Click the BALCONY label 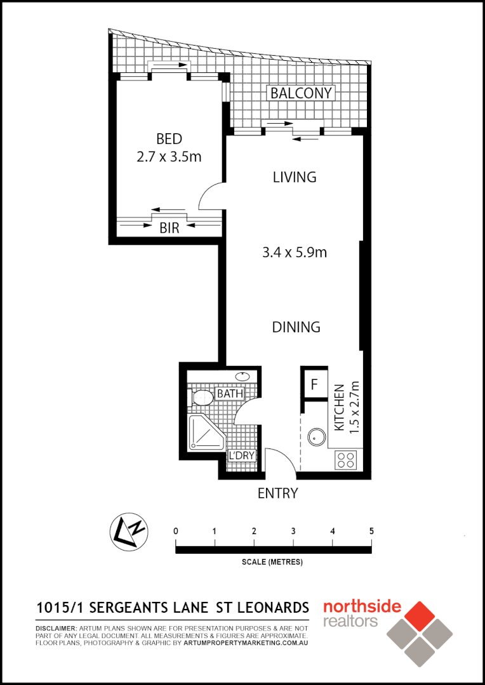coord(301,93)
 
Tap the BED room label coord(169,139)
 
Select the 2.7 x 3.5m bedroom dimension coord(169,156)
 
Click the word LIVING coord(295,177)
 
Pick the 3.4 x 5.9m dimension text coord(295,252)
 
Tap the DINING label coord(296,327)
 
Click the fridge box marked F coord(314,384)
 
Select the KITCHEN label coord(339,408)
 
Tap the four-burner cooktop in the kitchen coord(347,459)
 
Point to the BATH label coord(230,394)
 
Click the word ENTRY coord(277,493)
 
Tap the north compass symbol coord(129,531)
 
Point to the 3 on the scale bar coord(293,531)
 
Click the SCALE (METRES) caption coord(272,562)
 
